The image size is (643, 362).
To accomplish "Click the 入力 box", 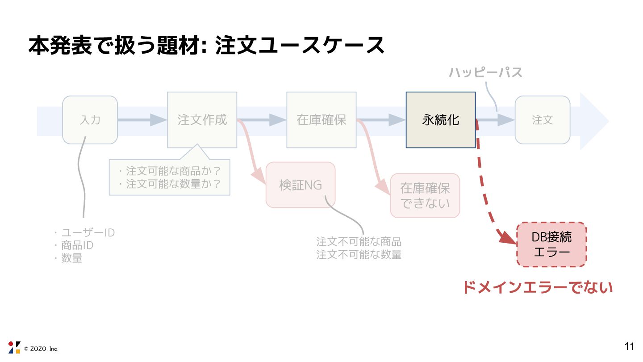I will pyautogui.click(x=90, y=120).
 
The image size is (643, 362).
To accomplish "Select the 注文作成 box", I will pyautogui.click(x=202, y=120).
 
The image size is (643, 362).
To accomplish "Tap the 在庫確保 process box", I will pyautogui.click(x=321, y=120).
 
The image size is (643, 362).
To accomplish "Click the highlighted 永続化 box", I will pyautogui.click(x=440, y=120).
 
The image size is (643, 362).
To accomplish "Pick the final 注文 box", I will pyautogui.click(x=542, y=120).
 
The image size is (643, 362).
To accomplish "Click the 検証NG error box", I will pyautogui.click(x=301, y=185).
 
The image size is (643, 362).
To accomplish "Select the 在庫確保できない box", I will pyautogui.click(x=425, y=196).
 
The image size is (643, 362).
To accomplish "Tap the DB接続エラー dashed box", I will pyautogui.click(x=551, y=244).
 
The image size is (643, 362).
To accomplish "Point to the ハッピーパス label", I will pyautogui.click(x=485, y=72).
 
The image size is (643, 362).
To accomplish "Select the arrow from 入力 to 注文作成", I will pyautogui.click(x=142, y=120).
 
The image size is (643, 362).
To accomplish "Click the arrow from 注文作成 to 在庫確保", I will pyautogui.click(x=262, y=120).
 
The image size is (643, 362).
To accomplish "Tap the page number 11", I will pyautogui.click(x=629, y=346).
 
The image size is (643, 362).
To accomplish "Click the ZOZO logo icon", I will pyautogui.click(x=14, y=347).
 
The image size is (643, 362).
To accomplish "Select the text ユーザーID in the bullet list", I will pyautogui.click(x=88, y=233).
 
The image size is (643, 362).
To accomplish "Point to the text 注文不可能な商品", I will pyautogui.click(x=359, y=242).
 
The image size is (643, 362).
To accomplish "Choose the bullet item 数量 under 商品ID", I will pyautogui.click(x=71, y=258).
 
